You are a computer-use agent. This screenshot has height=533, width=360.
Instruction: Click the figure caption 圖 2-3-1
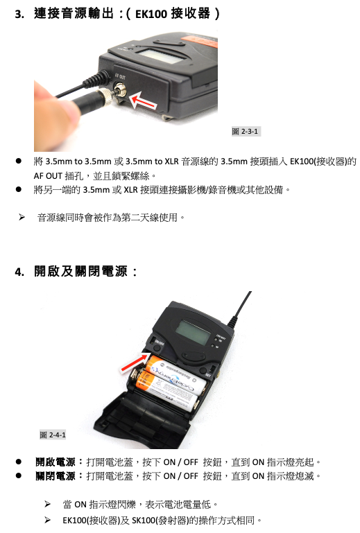(x=246, y=131)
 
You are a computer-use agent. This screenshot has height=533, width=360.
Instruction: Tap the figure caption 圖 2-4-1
(x=53, y=435)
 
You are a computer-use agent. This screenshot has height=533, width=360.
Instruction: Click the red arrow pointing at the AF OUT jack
(x=144, y=102)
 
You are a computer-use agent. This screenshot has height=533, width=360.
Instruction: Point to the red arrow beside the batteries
(x=135, y=362)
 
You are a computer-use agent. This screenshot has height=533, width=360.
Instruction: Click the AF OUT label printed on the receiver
(x=120, y=76)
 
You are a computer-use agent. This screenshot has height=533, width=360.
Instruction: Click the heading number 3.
(x=19, y=14)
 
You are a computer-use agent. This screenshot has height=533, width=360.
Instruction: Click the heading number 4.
(x=19, y=272)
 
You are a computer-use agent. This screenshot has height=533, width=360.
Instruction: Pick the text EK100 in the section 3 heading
(x=151, y=14)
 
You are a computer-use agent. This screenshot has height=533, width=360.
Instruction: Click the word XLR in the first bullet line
(x=171, y=161)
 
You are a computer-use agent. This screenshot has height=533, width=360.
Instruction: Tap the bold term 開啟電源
(x=55, y=462)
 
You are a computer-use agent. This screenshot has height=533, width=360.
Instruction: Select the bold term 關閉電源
(x=55, y=476)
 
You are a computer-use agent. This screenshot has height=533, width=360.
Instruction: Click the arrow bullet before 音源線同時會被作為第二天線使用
(x=22, y=217)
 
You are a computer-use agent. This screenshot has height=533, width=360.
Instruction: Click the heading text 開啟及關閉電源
(x=80, y=272)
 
